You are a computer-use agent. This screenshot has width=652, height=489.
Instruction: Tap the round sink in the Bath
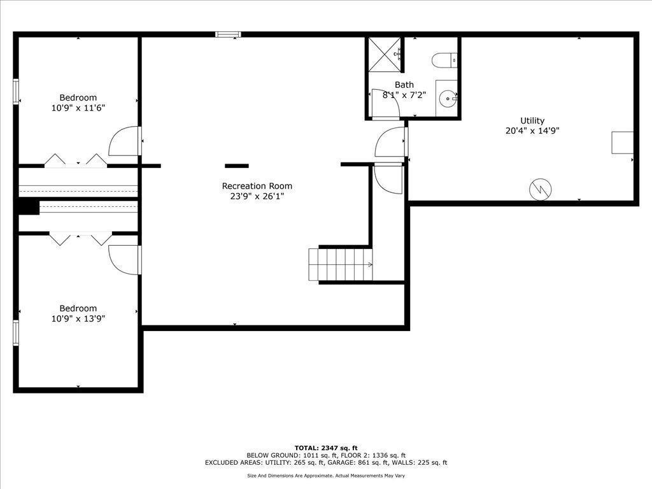(x=448, y=99)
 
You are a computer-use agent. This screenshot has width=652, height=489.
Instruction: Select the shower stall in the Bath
(x=385, y=55)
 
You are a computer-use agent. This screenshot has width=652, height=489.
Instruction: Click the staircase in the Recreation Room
(x=341, y=264)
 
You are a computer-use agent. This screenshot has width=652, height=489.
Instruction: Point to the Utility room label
(x=532, y=120)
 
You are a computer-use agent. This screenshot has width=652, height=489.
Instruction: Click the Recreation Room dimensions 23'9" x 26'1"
(x=257, y=196)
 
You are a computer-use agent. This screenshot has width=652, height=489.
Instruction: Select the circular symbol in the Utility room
(x=541, y=189)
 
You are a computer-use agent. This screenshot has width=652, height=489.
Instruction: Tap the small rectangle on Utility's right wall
(x=623, y=143)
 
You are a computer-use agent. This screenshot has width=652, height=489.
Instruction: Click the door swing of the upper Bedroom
(x=124, y=141)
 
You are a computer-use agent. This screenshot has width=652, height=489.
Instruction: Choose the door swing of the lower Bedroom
(x=124, y=260)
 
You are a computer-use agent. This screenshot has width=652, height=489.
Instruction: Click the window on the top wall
(x=229, y=34)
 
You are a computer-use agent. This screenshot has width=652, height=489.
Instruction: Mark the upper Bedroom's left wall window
(x=16, y=91)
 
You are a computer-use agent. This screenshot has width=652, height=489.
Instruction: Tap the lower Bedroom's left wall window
(x=16, y=332)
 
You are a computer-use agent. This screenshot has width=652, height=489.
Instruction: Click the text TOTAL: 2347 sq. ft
(x=326, y=448)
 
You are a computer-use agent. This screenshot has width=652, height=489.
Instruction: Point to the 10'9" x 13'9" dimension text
(x=78, y=319)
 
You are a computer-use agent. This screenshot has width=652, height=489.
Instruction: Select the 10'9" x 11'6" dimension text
(x=78, y=108)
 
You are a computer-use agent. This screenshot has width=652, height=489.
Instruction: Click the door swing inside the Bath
(x=385, y=103)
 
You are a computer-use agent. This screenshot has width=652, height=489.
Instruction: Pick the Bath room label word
(x=404, y=85)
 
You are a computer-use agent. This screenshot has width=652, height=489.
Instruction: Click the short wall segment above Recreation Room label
(x=237, y=166)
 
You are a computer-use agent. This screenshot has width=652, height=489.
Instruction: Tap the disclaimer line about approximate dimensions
(x=326, y=476)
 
